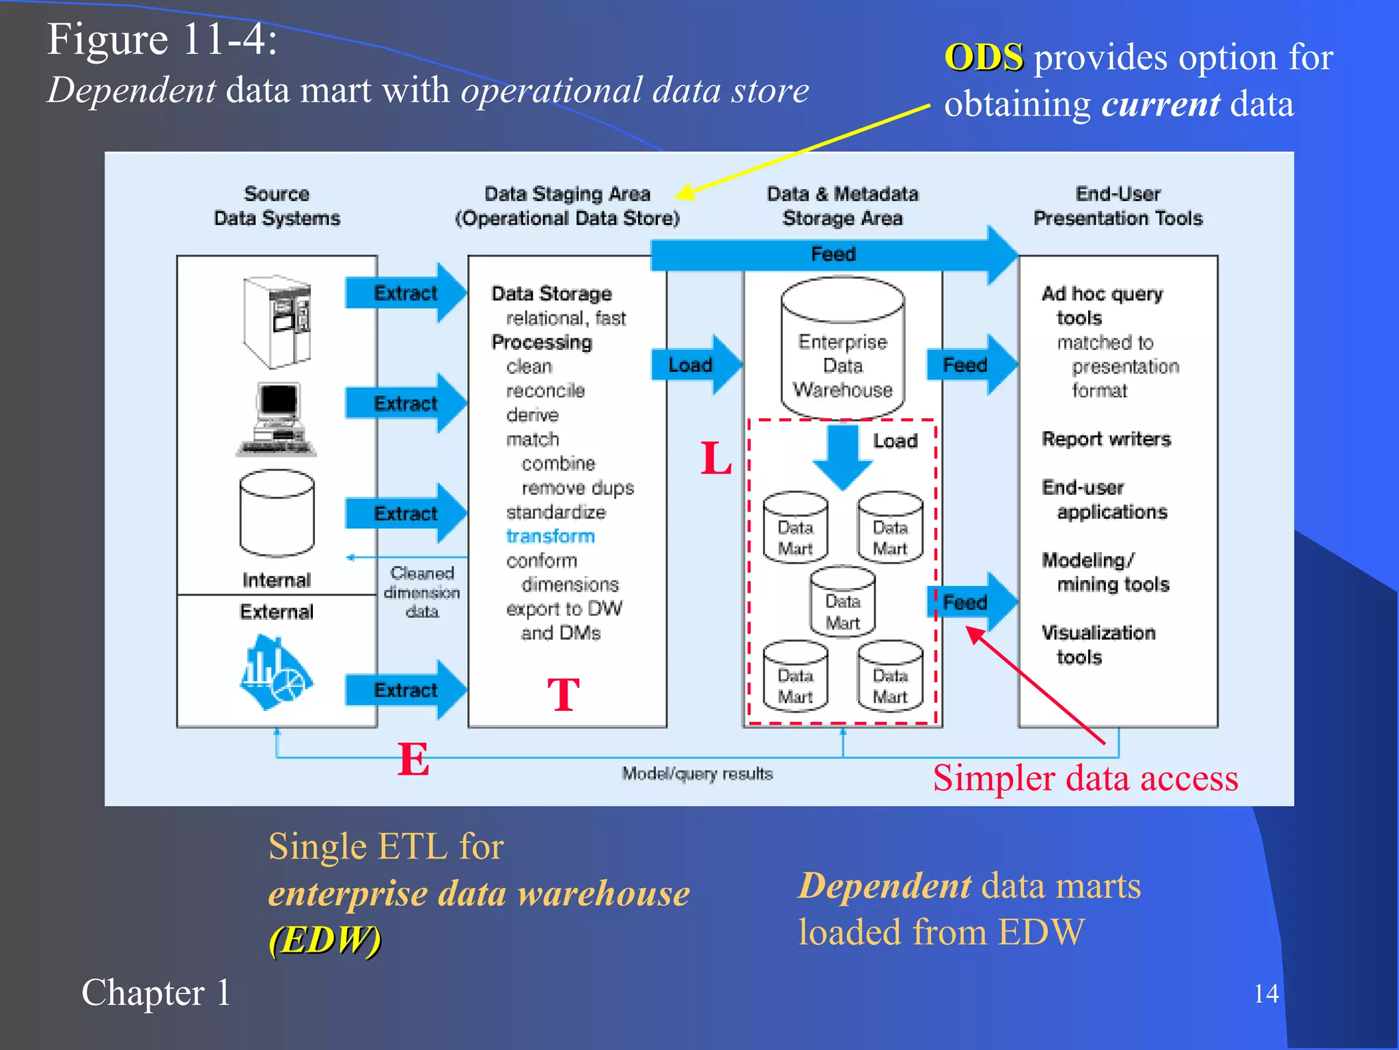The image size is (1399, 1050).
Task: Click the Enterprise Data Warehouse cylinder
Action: [842, 349]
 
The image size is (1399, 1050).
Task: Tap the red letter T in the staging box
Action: [564, 695]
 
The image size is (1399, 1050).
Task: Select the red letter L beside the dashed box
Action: [716, 459]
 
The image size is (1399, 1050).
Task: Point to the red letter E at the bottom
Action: [413, 759]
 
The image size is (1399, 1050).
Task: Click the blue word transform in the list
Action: [550, 536]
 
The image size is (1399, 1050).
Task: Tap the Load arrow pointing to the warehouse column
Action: [695, 365]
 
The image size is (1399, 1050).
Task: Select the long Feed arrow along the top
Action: [833, 255]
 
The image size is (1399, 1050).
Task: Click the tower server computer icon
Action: [278, 321]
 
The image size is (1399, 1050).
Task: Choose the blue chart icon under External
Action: [275, 673]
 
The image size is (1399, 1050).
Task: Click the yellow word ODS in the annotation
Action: [984, 57]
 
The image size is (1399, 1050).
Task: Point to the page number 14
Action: [1266, 993]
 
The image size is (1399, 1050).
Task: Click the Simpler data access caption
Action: [1085, 778]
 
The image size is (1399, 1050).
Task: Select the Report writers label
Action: [1106, 439]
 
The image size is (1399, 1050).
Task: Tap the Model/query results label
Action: [697, 774]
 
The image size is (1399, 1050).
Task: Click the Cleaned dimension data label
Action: [421, 592]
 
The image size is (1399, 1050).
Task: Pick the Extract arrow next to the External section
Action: [406, 690]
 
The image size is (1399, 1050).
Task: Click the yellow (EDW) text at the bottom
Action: [325, 939]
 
